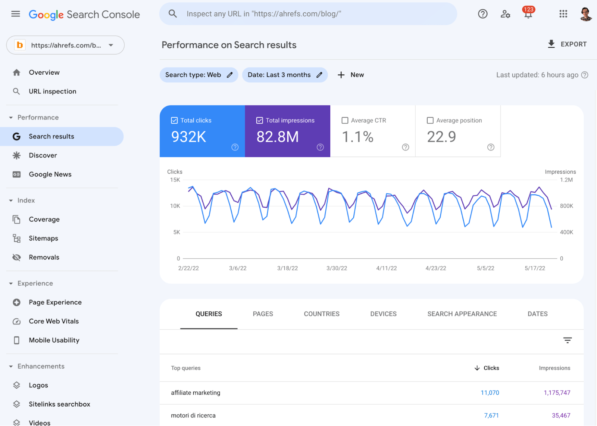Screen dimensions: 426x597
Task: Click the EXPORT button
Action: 567,44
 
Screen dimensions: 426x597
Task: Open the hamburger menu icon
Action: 16,14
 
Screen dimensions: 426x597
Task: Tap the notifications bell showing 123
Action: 528,14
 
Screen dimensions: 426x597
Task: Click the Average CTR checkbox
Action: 345,121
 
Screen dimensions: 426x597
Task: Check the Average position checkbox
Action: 430,121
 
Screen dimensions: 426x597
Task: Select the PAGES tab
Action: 263,314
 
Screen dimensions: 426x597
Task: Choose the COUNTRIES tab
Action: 322,314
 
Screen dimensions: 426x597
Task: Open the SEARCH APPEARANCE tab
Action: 462,314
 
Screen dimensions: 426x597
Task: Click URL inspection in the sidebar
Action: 52,91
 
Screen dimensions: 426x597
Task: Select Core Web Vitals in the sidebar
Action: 54,321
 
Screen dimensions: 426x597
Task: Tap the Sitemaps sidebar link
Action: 43,238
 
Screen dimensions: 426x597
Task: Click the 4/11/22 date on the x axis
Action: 387,268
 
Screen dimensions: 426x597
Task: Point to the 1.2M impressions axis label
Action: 566,180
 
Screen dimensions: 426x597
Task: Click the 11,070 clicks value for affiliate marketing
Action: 490,393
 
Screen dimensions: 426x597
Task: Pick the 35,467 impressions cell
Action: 561,416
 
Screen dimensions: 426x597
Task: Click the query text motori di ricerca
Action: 193,416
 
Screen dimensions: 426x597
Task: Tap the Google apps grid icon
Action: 563,14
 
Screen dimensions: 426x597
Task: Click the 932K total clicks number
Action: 189,137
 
